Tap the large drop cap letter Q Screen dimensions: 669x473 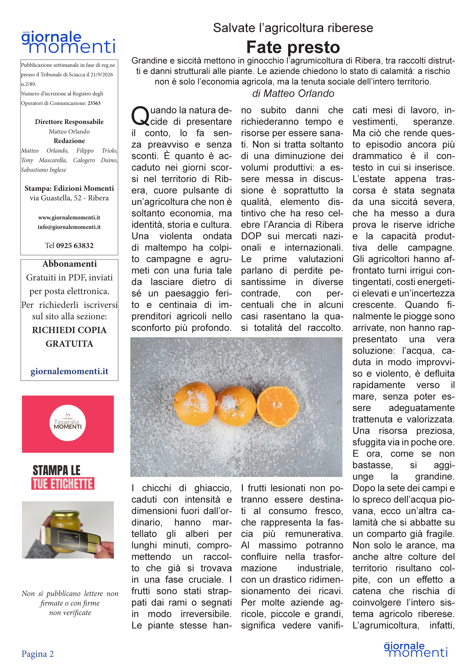coord(140,116)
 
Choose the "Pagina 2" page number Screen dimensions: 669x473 coord(38,654)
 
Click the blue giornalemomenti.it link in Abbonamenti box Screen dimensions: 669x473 coord(69,371)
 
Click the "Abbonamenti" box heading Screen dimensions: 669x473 coord(69,264)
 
